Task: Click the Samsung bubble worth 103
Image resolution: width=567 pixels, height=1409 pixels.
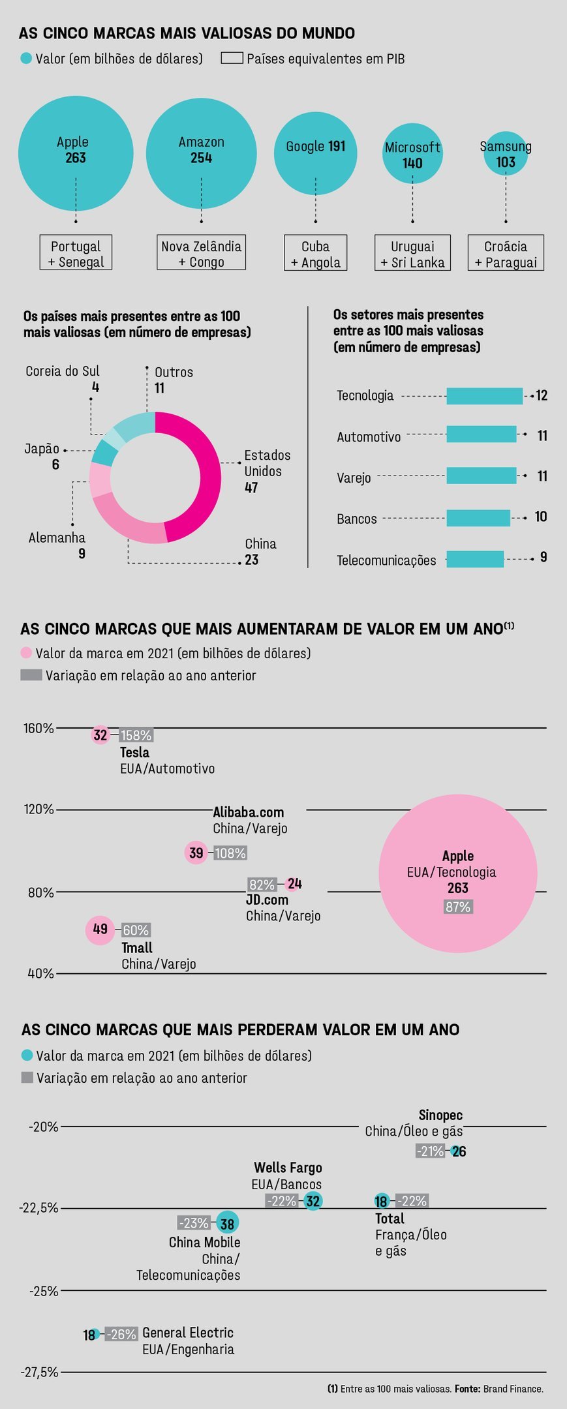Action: (506, 155)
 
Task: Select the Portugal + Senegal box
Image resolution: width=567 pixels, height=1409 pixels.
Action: (76, 253)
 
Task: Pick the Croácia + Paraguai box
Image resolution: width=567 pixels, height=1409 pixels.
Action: (506, 253)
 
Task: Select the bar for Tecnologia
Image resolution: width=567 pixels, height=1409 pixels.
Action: (484, 396)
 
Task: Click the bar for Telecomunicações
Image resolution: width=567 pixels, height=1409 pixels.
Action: (474, 559)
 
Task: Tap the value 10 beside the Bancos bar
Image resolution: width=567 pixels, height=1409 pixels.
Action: (541, 517)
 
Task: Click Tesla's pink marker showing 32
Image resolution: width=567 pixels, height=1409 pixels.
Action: (100, 735)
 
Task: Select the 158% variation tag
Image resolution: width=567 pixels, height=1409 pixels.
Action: (136, 736)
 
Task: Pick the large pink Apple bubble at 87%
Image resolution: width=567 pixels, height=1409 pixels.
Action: (457, 873)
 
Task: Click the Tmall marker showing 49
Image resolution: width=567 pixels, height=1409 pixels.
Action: (100, 930)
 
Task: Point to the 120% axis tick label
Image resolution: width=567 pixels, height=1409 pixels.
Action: (38, 810)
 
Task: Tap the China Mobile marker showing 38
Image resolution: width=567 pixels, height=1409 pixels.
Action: (227, 1223)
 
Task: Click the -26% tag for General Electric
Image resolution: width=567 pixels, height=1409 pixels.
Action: (121, 1335)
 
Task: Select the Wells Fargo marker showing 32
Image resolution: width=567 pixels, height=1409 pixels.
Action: (313, 1201)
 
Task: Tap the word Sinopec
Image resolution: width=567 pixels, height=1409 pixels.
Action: (440, 1115)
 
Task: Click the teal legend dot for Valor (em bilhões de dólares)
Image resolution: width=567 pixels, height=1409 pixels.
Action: (26, 59)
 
